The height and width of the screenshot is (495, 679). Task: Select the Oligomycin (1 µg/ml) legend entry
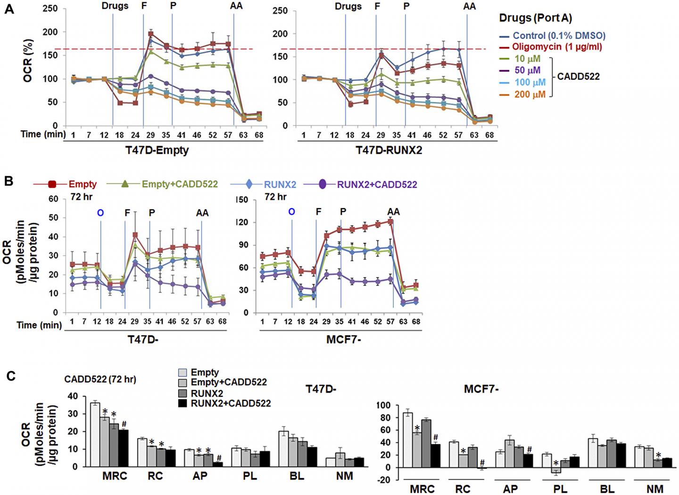pyautogui.click(x=557, y=47)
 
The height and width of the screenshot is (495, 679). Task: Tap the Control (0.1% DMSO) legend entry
pyautogui.click(x=559, y=35)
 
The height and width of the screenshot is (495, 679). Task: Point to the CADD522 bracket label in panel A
pyautogui.click(x=578, y=76)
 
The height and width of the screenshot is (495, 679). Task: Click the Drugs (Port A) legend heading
pyautogui.click(x=535, y=18)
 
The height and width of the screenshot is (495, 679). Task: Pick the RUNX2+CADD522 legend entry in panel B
pyautogui.click(x=377, y=185)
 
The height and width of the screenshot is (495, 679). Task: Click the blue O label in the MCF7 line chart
pyautogui.click(x=291, y=212)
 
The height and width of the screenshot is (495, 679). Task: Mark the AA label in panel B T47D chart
pyautogui.click(x=202, y=213)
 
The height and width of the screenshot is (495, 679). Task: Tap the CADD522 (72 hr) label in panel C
pyautogui.click(x=100, y=379)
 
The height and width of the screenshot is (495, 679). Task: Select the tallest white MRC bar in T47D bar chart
pyautogui.click(x=95, y=434)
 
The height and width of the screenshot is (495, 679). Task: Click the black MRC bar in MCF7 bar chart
pyautogui.click(x=436, y=455)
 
